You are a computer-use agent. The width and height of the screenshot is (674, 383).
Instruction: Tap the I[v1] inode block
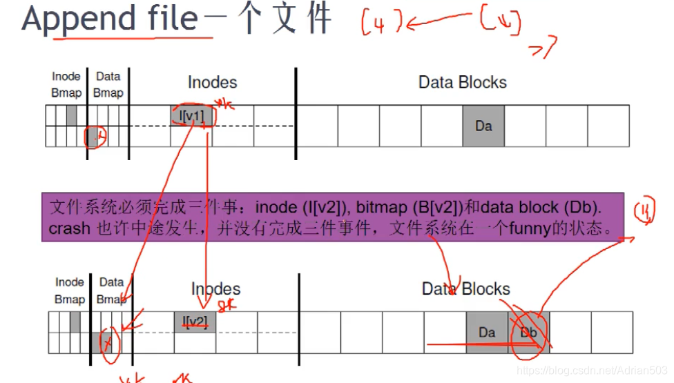coord(191,115)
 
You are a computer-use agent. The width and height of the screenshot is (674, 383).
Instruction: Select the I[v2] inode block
coord(195,322)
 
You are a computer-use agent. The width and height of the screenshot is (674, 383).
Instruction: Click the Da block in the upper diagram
coord(483,126)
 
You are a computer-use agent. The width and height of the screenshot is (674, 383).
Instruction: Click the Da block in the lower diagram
coord(487,332)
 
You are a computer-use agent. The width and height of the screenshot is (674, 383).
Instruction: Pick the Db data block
coord(529,332)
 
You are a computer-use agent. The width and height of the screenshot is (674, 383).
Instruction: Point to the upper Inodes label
coord(212,83)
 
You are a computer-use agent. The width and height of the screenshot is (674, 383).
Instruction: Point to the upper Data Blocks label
coord(463,83)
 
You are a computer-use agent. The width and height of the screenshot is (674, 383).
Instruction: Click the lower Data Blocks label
coord(466,289)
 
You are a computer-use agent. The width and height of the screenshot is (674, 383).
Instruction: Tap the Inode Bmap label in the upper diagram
coord(66,84)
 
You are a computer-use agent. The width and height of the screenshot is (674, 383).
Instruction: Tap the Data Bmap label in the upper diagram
coord(108,84)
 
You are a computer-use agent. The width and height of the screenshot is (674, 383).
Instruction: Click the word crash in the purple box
coord(69,229)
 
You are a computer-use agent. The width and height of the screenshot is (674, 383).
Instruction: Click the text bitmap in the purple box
coord(378,207)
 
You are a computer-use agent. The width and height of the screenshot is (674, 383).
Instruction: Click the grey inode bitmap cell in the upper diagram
coord(71,115)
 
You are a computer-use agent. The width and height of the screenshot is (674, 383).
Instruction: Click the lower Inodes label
coord(215,289)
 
